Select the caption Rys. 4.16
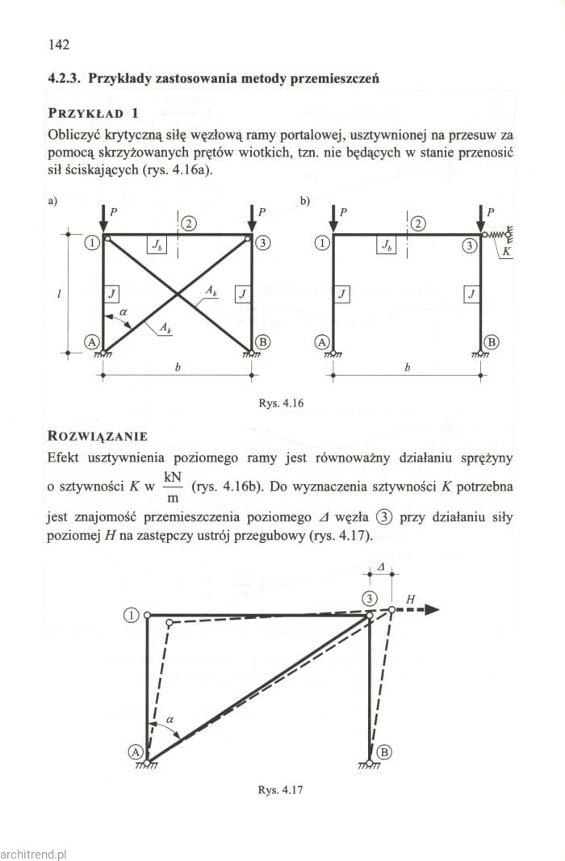[282, 401]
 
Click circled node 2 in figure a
[189, 224]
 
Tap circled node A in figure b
[322, 342]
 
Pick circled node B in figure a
[262, 342]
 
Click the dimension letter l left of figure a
[61, 294]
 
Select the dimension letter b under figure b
[408, 368]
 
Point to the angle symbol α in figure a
[123, 310]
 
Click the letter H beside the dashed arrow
[410, 599]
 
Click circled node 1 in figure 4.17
[132, 616]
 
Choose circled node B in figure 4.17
[384, 752]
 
